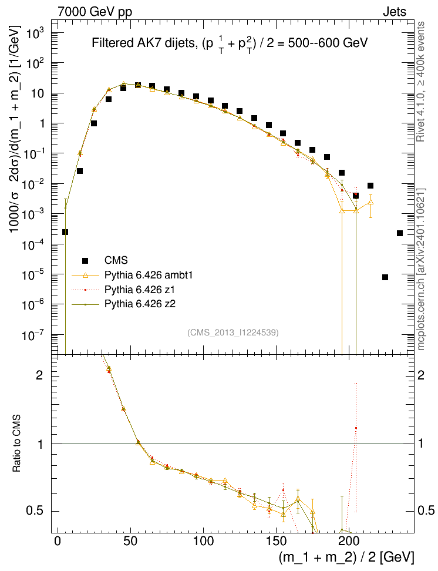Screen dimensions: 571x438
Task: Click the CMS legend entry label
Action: click(116, 260)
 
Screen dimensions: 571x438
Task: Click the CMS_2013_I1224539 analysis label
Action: click(233, 332)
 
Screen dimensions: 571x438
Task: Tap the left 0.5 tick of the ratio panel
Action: click(38, 511)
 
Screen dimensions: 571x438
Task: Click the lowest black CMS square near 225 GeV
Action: click(385, 277)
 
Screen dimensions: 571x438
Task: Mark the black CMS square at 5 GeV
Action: click(65, 232)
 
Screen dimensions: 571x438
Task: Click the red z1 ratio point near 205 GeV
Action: click(355, 428)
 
